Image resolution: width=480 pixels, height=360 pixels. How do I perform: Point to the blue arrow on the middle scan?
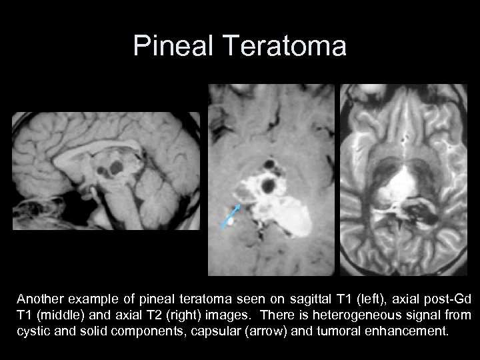tap(230, 216)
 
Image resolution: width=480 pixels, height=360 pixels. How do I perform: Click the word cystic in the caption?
tap(35, 330)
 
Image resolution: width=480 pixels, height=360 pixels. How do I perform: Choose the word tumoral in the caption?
tap(339, 330)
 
